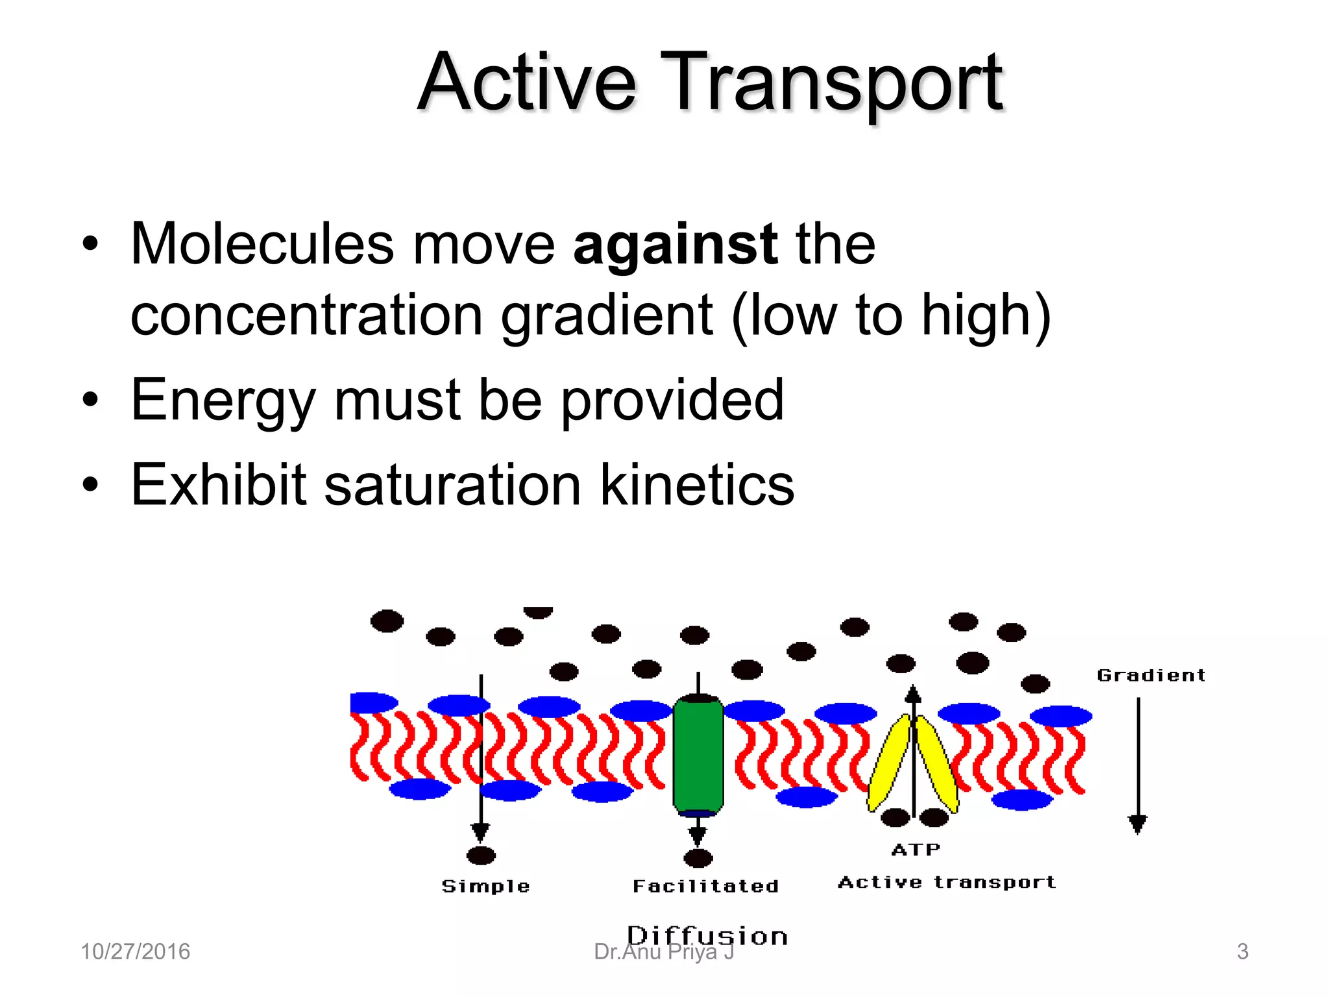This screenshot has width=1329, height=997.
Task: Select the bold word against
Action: tap(675, 245)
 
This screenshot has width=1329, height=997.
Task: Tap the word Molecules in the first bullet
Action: tap(262, 244)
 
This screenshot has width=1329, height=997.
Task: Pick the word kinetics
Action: tap(697, 485)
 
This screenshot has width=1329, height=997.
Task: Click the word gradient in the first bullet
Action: tap(607, 316)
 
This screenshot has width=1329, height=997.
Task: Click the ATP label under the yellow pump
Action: tap(916, 850)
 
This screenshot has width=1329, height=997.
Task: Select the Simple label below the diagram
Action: tap(485, 887)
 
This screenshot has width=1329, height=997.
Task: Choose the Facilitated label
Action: tap(705, 887)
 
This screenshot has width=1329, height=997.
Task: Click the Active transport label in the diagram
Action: tap(947, 883)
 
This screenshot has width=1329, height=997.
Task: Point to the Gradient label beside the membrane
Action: tap(1151, 676)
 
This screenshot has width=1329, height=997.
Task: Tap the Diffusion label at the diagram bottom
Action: tap(707, 936)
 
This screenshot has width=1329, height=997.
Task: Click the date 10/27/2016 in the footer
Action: tap(135, 952)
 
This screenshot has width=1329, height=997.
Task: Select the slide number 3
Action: tap(1242, 952)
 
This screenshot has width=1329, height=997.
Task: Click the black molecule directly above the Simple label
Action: tap(481, 855)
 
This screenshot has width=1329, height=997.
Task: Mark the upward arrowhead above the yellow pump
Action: tap(913, 693)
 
